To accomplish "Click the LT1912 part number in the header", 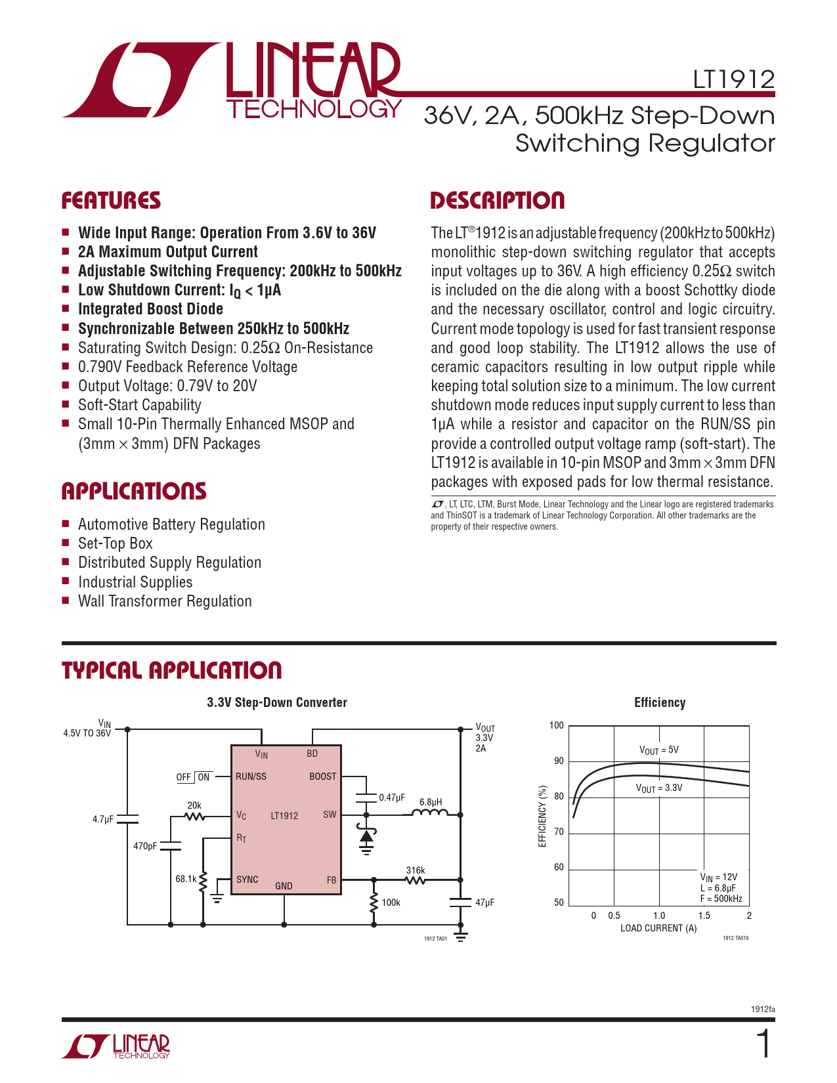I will (x=733, y=79).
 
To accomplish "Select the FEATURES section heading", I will (x=111, y=201).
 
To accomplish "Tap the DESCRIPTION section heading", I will (x=497, y=201).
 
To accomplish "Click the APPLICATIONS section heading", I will (x=134, y=492).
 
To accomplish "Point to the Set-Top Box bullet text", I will (x=115, y=543).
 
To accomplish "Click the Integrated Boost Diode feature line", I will (x=150, y=309).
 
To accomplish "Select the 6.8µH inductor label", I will (x=431, y=802).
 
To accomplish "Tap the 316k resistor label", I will (x=416, y=870).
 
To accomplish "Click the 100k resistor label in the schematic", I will (x=391, y=902).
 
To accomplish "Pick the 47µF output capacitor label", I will (x=484, y=902).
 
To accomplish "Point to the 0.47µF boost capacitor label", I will (x=392, y=797).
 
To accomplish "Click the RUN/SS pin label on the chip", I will (x=251, y=776).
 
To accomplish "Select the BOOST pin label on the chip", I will (x=322, y=776).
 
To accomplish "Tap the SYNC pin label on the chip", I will (x=247, y=880).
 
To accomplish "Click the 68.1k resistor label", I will (x=186, y=879).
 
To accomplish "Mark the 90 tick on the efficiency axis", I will (x=559, y=761).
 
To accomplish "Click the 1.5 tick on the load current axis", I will (x=704, y=916).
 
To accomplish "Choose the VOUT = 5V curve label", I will (x=658, y=750).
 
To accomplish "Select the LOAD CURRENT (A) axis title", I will (x=658, y=928).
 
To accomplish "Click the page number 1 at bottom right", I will (x=763, y=1044).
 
